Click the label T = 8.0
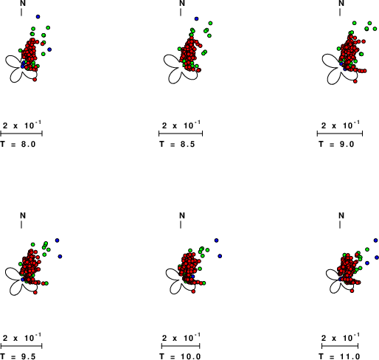click(18, 144)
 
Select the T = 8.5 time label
click(177, 144)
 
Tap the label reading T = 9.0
click(336, 144)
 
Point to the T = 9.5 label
click(18, 356)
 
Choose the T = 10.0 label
click(180, 356)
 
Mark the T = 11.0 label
click(339, 356)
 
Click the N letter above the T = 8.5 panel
click(182, 3)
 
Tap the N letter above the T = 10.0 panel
click(182, 215)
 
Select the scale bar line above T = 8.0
click(21, 134)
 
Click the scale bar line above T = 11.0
click(340, 346)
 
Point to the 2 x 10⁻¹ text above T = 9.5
click(22, 338)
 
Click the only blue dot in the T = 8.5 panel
click(196, 18)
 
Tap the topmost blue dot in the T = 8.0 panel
click(38, 17)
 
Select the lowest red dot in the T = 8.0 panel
click(35, 80)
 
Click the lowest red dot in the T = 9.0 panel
click(355, 81)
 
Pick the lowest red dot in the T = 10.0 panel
click(193, 291)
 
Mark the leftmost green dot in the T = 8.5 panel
click(180, 49)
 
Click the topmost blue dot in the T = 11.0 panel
click(375, 240)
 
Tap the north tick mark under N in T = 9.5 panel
click(21, 224)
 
